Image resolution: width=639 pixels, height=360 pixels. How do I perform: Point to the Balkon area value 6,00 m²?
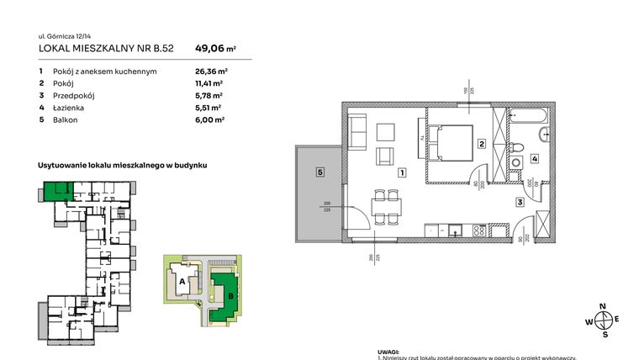point(209,120)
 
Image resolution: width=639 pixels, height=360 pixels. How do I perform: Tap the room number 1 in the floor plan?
point(403,173)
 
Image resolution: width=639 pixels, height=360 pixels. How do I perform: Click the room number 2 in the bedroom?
point(481,144)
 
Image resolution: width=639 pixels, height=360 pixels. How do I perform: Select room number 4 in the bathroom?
point(534,159)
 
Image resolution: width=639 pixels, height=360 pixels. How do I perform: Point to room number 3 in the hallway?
point(520,203)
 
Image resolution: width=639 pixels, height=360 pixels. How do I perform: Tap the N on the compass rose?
point(601,306)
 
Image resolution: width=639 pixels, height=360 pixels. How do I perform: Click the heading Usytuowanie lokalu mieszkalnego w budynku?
point(123,167)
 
